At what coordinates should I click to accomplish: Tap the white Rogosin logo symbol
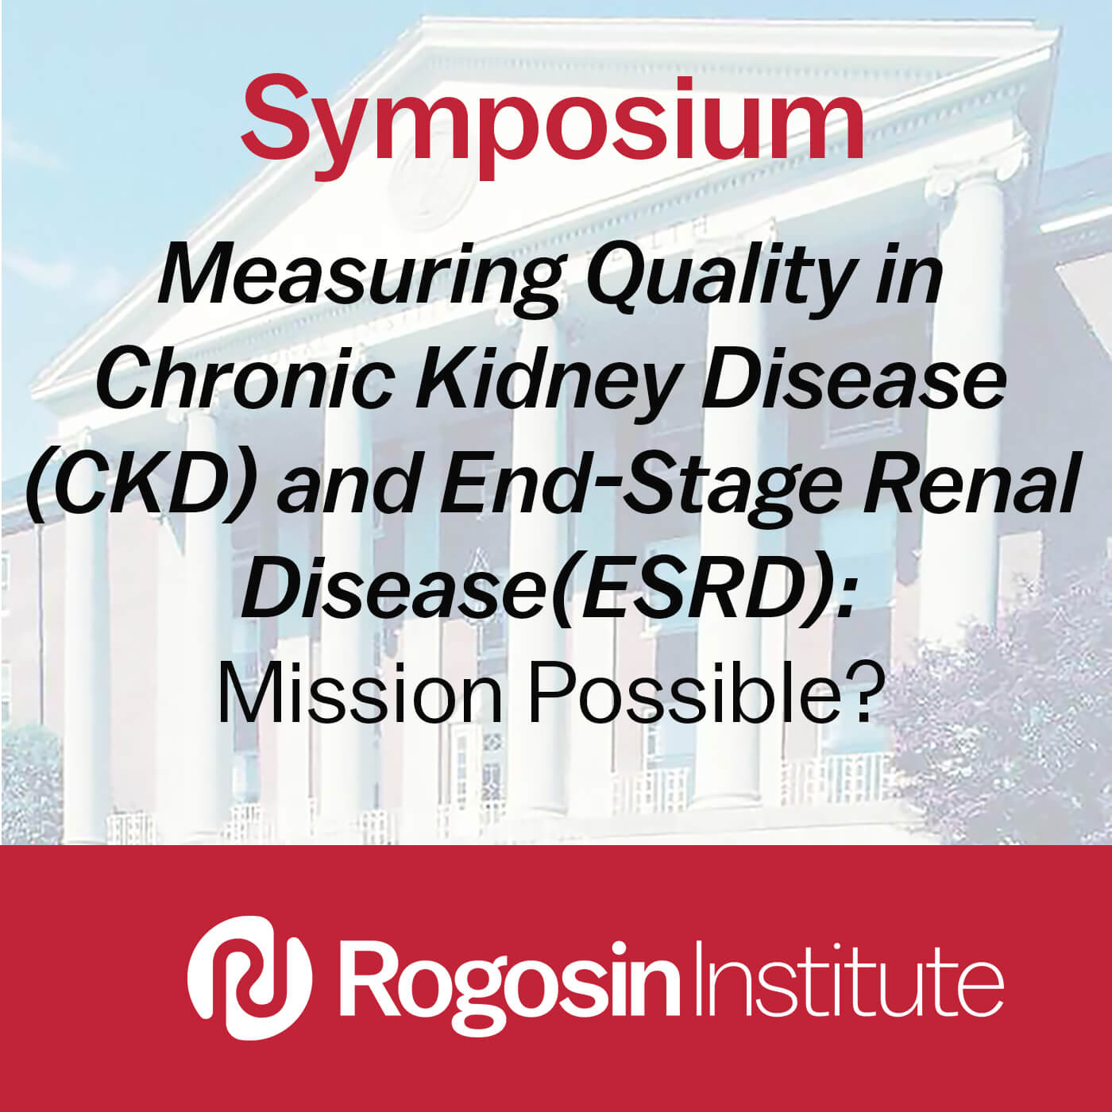click(x=250, y=978)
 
